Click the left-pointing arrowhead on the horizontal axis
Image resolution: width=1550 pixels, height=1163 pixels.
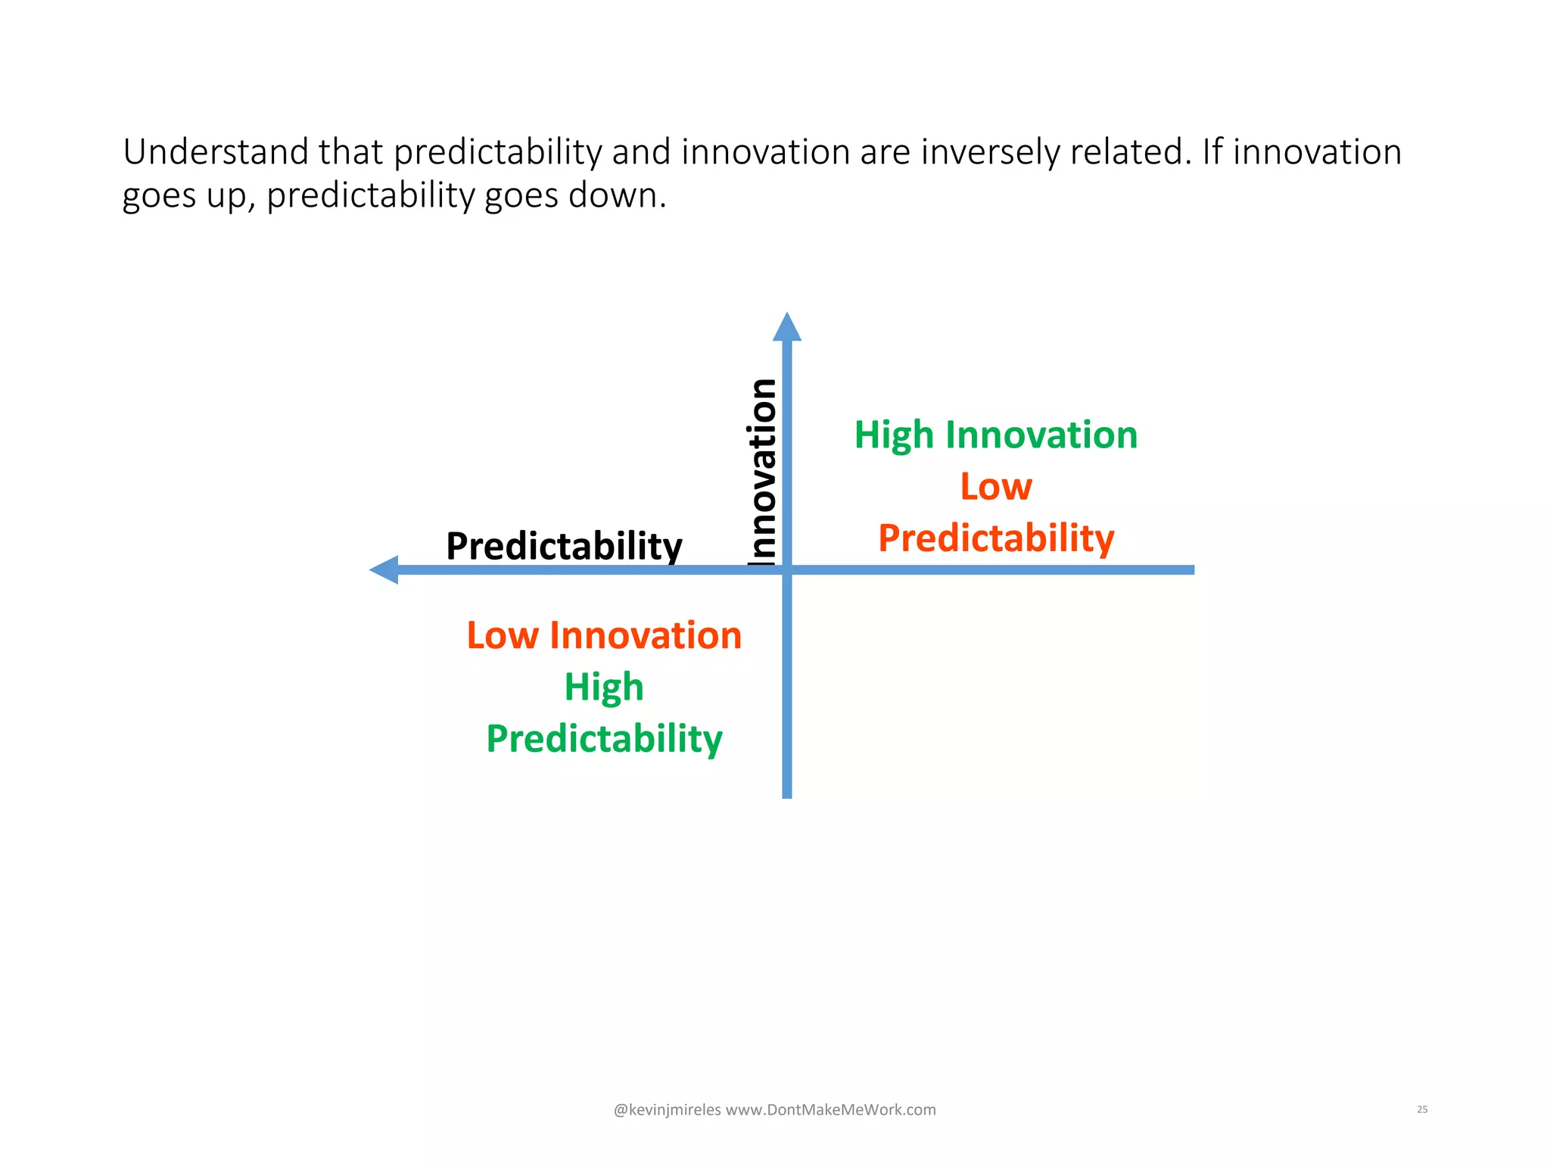[385, 569]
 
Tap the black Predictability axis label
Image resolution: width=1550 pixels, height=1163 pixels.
[564, 546]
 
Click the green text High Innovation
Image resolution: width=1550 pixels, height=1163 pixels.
[995, 435]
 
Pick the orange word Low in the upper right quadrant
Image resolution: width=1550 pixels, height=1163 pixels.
[995, 486]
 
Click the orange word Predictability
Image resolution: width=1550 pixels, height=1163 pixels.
[995, 538]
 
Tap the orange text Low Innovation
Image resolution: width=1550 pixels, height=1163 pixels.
[604, 635]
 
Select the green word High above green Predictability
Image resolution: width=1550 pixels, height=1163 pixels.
[604, 687]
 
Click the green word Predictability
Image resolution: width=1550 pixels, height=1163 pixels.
[604, 738]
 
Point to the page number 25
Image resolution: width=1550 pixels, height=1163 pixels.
[1421, 1109]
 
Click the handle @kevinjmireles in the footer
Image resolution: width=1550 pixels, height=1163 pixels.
[667, 1110]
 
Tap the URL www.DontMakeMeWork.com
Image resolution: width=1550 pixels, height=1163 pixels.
[830, 1110]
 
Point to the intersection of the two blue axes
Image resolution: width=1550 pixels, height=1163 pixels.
[786, 569]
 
